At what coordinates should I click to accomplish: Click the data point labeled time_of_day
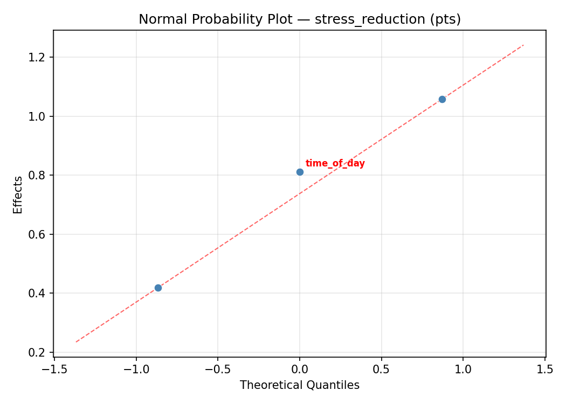[300, 172]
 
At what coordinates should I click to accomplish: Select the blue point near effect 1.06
[442, 99]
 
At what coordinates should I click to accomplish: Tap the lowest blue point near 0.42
[158, 288]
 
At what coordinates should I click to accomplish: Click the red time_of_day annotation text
[335, 163]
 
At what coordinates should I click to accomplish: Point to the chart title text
[300, 19]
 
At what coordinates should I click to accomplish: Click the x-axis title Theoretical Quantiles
[300, 385]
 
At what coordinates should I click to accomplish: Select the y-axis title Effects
[18, 194]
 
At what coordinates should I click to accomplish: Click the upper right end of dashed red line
[523, 45]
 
